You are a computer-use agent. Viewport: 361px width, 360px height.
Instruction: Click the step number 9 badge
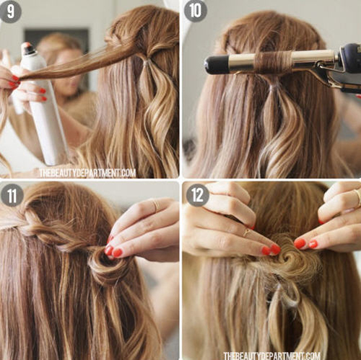10,12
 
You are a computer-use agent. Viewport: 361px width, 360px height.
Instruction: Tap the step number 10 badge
196,11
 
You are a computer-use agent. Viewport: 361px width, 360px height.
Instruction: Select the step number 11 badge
12,196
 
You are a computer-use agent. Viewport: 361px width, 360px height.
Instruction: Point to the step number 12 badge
198,196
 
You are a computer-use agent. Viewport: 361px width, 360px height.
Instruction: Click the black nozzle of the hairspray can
28,48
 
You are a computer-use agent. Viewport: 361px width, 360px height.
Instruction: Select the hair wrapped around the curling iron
273,62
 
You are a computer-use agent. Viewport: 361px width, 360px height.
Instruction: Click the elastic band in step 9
147,63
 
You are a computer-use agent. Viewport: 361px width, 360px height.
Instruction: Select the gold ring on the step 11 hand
156,205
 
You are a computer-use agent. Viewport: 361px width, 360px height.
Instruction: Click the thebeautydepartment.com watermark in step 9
87,173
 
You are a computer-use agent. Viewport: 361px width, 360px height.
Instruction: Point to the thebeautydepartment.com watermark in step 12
272,355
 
